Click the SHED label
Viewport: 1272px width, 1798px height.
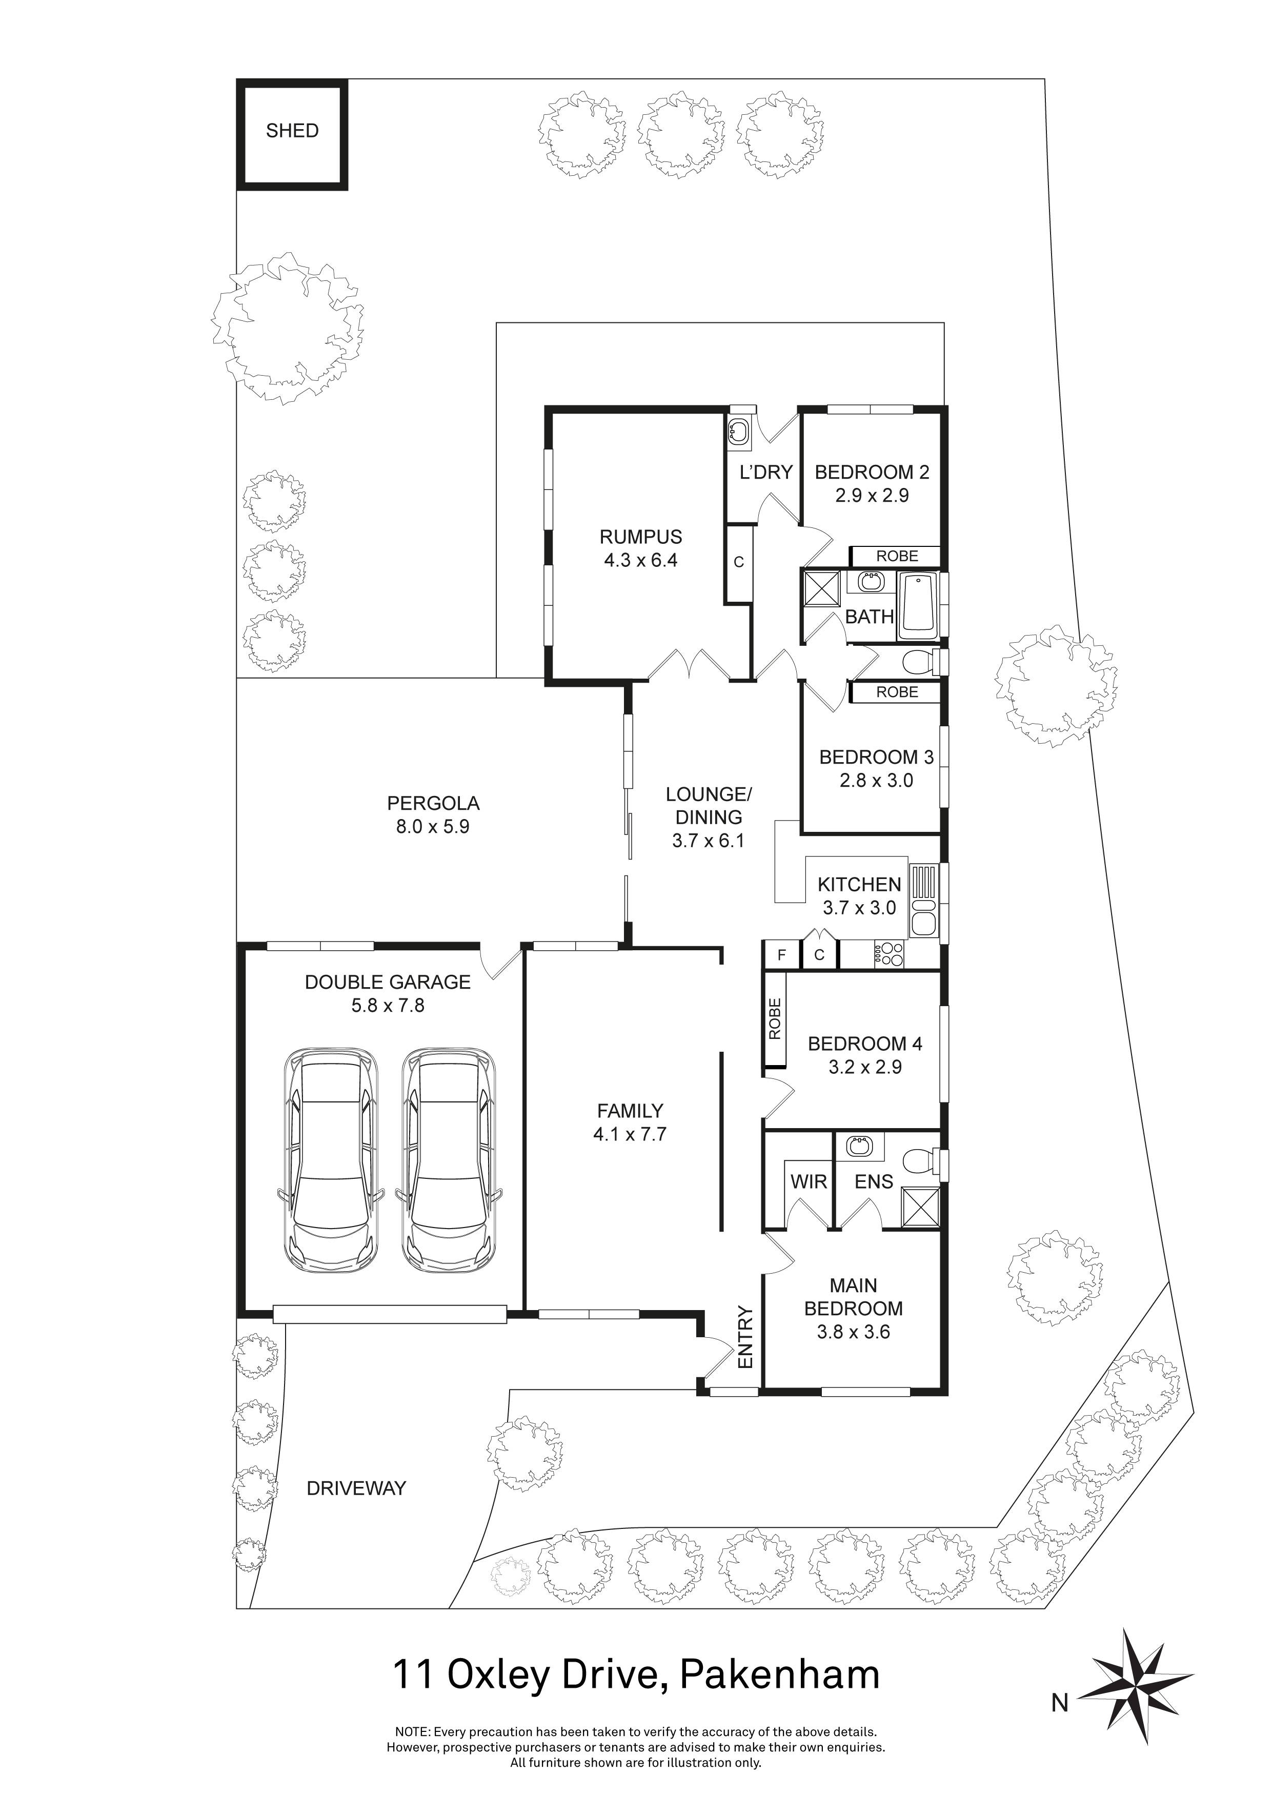pos(292,131)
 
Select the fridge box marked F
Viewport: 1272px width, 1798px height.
pos(781,955)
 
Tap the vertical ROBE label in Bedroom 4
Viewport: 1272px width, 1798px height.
pos(775,1019)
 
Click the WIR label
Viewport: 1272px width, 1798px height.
pos(809,1182)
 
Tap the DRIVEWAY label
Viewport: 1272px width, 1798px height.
pos(356,1488)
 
